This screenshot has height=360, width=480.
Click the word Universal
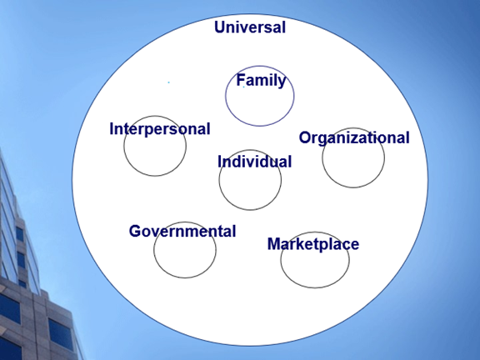250,27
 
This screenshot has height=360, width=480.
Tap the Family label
261,80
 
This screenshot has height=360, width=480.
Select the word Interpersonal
160,129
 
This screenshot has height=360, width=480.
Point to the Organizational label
354,137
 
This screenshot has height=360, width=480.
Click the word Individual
255,162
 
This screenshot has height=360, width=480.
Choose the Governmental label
182,231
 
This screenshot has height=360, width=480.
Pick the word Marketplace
313,244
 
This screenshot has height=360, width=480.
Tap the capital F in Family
240,80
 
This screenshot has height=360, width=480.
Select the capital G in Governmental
135,231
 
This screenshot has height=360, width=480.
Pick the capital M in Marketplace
274,244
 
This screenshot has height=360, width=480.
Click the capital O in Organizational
305,137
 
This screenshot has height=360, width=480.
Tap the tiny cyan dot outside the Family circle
168,82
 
